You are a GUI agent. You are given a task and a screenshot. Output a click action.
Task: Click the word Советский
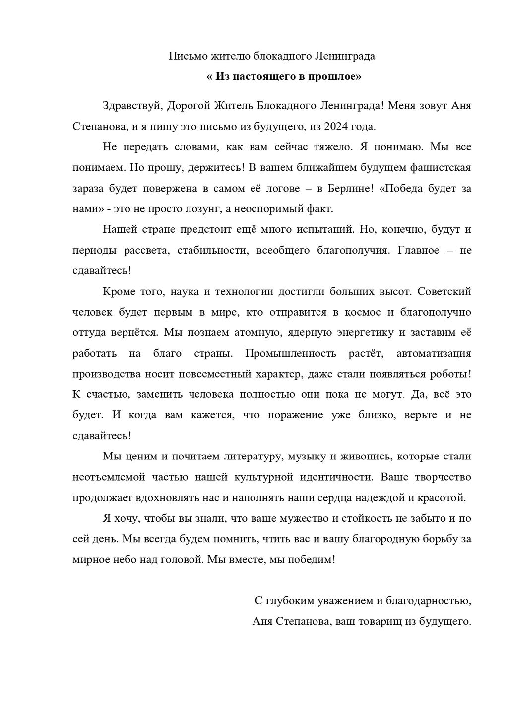444,291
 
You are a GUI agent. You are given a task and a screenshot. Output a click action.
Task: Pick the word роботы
449,375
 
